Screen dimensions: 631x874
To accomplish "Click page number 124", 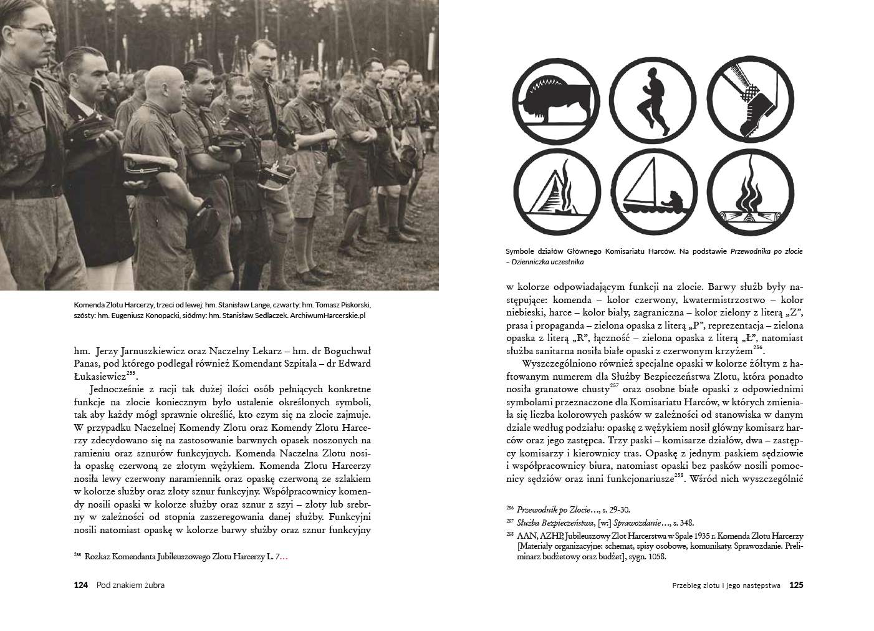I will click(81, 585).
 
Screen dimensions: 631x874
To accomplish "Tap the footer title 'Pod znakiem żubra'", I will click(131, 585).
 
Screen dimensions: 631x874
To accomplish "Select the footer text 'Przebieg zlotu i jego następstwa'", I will click(726, 585).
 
